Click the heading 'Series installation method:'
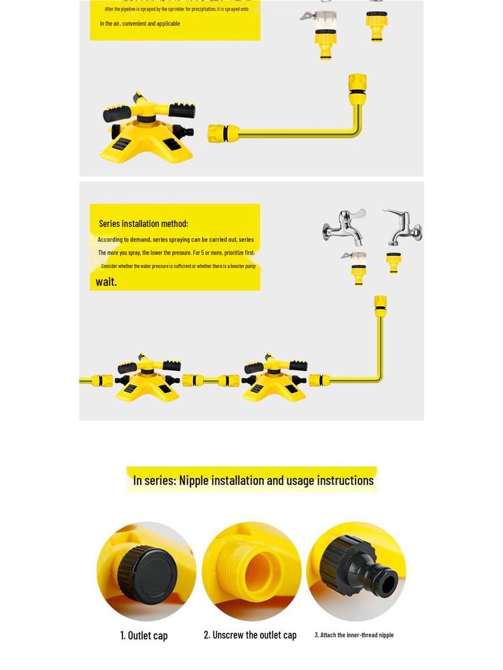pos(143,224)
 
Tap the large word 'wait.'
pos(106,281)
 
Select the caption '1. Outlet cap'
pos(143,635)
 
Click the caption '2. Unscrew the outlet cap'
pos(250,635)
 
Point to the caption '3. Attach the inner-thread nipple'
pos(354,635)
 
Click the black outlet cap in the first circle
pos(141,569)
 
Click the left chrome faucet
pos(345,226)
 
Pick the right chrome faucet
pos(403,226)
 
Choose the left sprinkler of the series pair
pos(147,378)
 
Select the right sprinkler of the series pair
pos(274,378)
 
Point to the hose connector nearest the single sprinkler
pos(223,133)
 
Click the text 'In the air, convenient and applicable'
pos(140,24)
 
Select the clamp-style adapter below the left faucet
pos(356,268)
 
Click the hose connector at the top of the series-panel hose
pos(381,306)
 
